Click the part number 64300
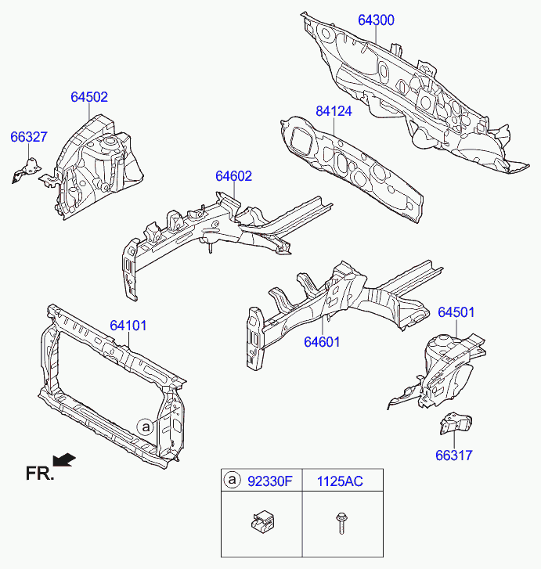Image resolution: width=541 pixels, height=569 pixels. [x=377, y=20]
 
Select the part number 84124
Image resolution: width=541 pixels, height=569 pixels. [x=334, y=112]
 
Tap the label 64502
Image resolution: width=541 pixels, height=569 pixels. [x=89, y=98]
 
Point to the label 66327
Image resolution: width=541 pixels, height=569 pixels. [x=29, y=137]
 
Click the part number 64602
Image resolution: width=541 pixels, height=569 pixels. [x=234, y=176]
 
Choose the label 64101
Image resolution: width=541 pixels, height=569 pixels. [x=128, y=325]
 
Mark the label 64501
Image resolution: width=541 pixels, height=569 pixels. [x=456, y=312]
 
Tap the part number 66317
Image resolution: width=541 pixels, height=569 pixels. [x=454, y=455]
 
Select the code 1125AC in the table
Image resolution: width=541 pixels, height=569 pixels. [x=340, y=481]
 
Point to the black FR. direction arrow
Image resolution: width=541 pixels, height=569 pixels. [x=65, y=459]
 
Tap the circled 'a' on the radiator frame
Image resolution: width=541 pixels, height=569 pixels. [x=146, y=426]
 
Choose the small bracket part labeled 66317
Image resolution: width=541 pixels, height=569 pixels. [x=452, y=423]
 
